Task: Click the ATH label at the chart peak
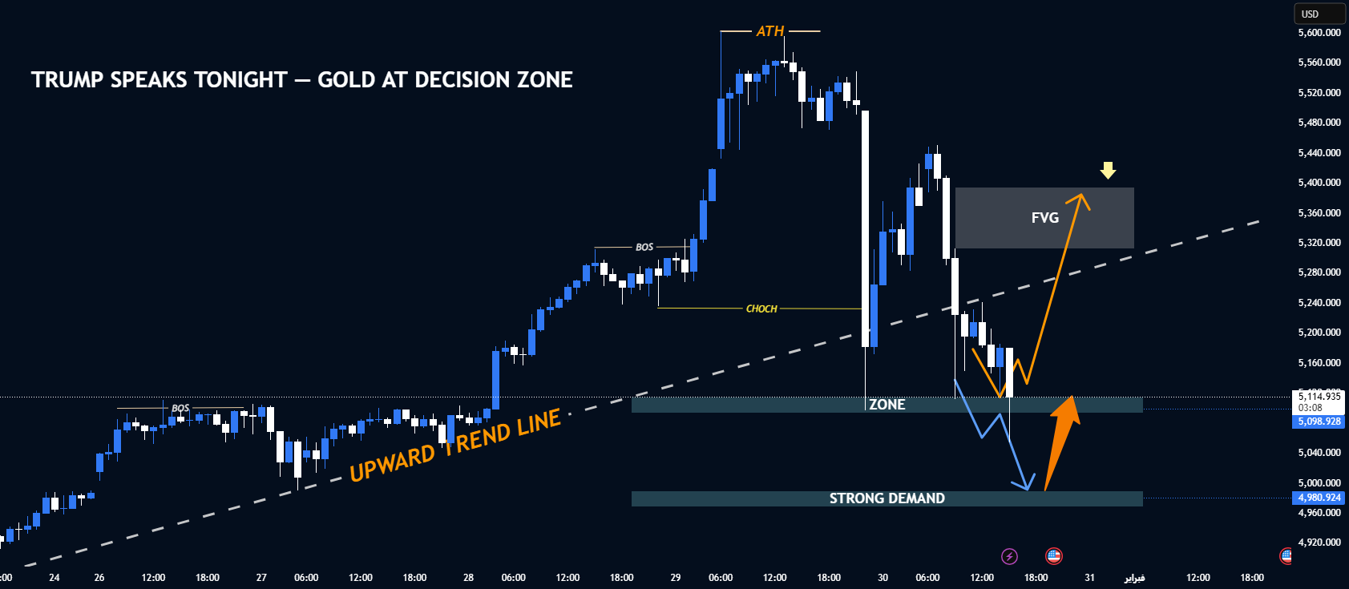point(770,31)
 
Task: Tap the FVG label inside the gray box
point(1044,218)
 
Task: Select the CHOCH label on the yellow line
point(761,309)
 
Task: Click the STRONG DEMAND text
point(887,498)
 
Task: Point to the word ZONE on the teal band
point(887,405)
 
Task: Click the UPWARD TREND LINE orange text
point(455,446)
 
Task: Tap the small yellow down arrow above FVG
point(1108,170)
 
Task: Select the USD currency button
point(1319,14)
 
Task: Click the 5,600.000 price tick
point(1319,33)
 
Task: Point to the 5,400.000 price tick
point(1319,183)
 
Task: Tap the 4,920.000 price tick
point(1319,543)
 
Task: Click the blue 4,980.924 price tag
point(1319,498)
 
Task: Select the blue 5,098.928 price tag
point(1319,422)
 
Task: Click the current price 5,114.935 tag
point(1319,397)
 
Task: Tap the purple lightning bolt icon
point(1010,556)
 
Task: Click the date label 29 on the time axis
point(676,577)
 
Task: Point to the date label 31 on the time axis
point(1090,577)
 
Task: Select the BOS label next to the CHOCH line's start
point(644,247)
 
